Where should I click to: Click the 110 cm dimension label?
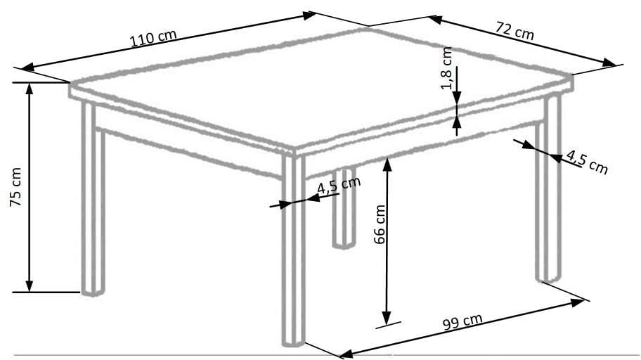click(x=153, y=38)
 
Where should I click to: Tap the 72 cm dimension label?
click(x=514, y=30)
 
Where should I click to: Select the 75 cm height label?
click(x=15, y=187)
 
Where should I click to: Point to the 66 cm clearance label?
click(x=380, y=224)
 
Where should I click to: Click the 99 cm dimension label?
click(x=462, y=321)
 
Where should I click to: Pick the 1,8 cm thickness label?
click(x=446, y=68)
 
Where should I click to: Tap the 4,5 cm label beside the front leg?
click(x=339, y=185)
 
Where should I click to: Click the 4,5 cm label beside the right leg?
click(x=587, y=162)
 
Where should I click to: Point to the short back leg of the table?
click(x=344, y=208)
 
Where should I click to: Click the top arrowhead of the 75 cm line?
click(x=29, y=89)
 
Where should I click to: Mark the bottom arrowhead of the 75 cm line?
click(x=29, y=286)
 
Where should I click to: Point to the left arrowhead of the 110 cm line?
click(x=28, y=67)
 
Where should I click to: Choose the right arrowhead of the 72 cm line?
click(x=609, y=63)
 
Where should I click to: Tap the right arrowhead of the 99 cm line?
click(x=577, y=302)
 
